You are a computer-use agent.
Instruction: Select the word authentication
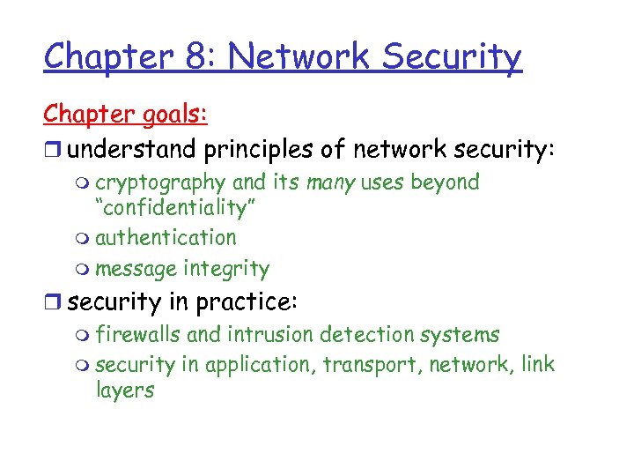click(x=166, y=238)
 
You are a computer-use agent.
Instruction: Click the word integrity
click(x=226, y=269)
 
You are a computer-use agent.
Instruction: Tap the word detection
click(x=358, y=335)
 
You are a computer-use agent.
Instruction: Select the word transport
click(x=369, y=365)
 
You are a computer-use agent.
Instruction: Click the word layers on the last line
click(x=124, y=390)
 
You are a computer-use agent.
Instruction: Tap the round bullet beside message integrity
click(x=82, y=270)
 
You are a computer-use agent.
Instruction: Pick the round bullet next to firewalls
click(x=82, y=336)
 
